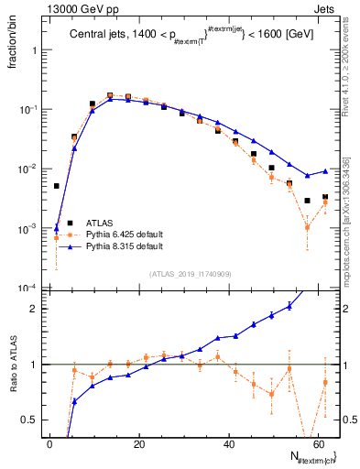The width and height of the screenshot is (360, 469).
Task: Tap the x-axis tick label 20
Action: (x=138, y=442)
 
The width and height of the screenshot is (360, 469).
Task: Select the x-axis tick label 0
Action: (x=49, y=442)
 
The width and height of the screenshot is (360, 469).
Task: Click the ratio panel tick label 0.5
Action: (x=32, y=420)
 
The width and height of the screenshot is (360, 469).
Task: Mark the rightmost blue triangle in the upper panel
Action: (x=325, y=170)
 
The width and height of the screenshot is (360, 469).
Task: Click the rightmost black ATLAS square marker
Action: (x=325, y=197)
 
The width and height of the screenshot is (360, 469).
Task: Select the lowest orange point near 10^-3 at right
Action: (x=308, y=227)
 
